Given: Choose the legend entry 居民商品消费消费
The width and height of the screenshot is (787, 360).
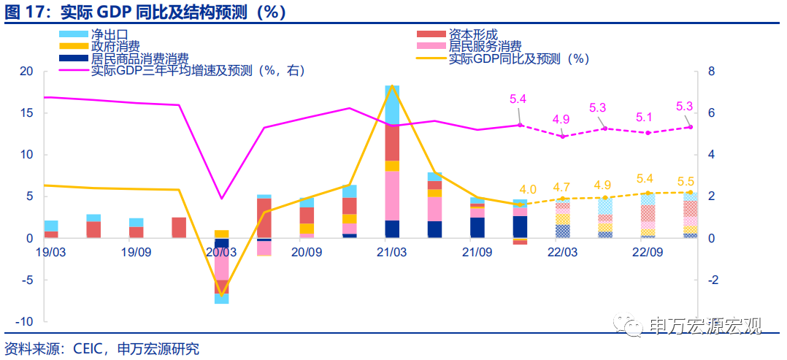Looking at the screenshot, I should [139, 58].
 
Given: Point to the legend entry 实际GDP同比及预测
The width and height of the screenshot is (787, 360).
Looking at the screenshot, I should [518, 58].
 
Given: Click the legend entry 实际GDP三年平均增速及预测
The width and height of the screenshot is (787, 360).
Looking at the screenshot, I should [197, 71].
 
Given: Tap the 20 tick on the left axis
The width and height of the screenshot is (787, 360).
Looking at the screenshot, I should [27, 72].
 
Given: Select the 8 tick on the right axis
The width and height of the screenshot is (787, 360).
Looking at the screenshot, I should [711, 72].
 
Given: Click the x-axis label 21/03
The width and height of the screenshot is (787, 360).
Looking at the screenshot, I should [391, 252].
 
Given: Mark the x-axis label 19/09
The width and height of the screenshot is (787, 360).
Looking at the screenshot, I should [136, 252].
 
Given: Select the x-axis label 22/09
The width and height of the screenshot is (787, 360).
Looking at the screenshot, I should [647, 252].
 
